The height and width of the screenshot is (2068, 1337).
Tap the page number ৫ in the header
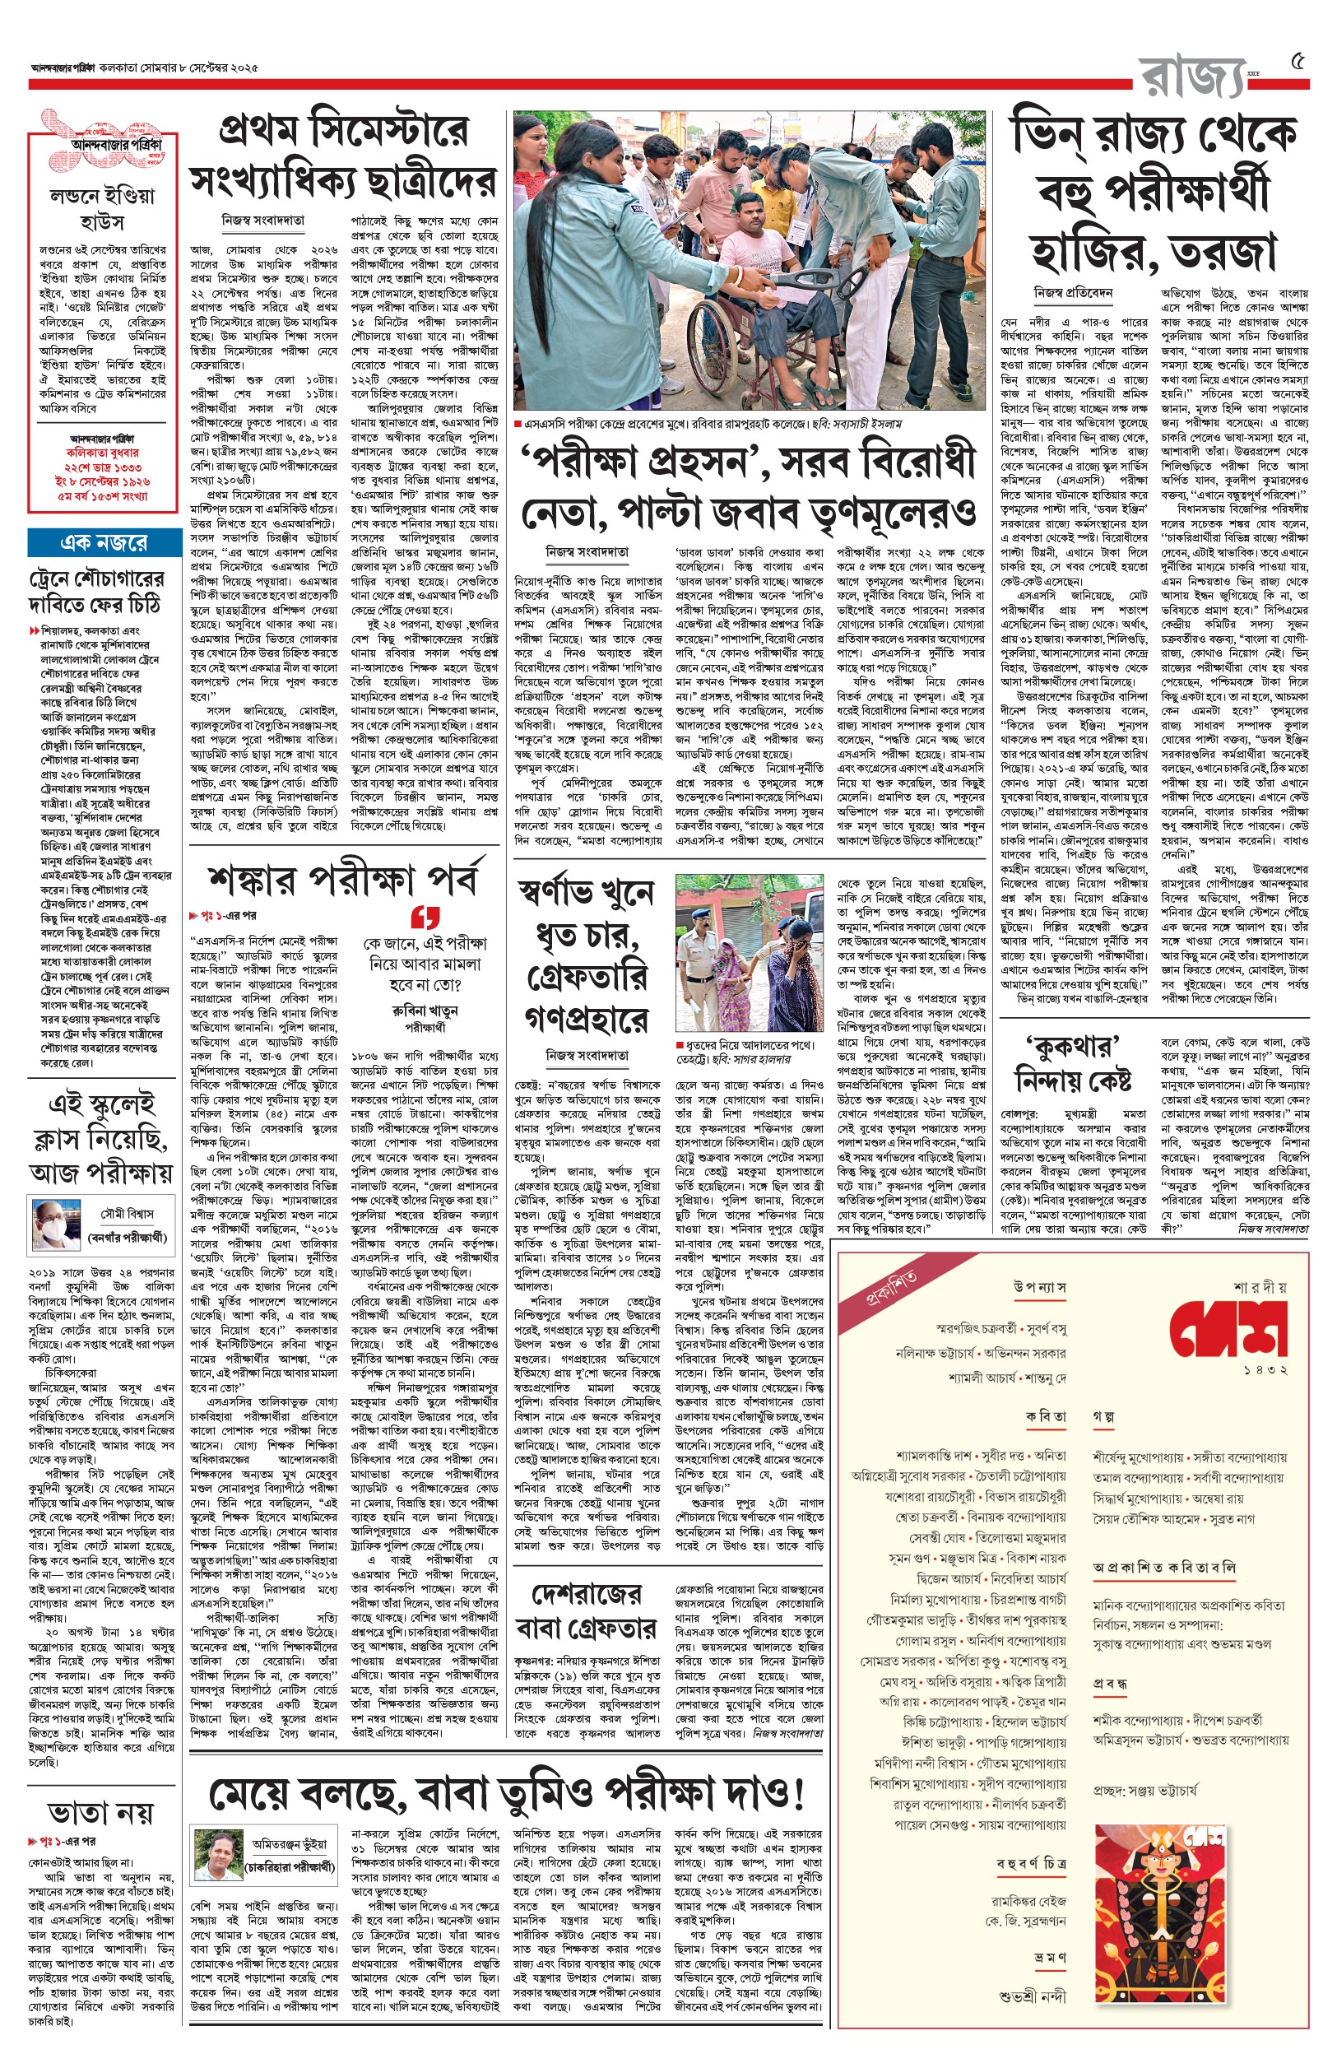click(x=1298, y=63)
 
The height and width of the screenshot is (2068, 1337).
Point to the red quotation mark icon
click(x=425, y=917)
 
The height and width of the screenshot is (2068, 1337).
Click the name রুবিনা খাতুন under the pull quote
click(x=425, y=1011)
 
